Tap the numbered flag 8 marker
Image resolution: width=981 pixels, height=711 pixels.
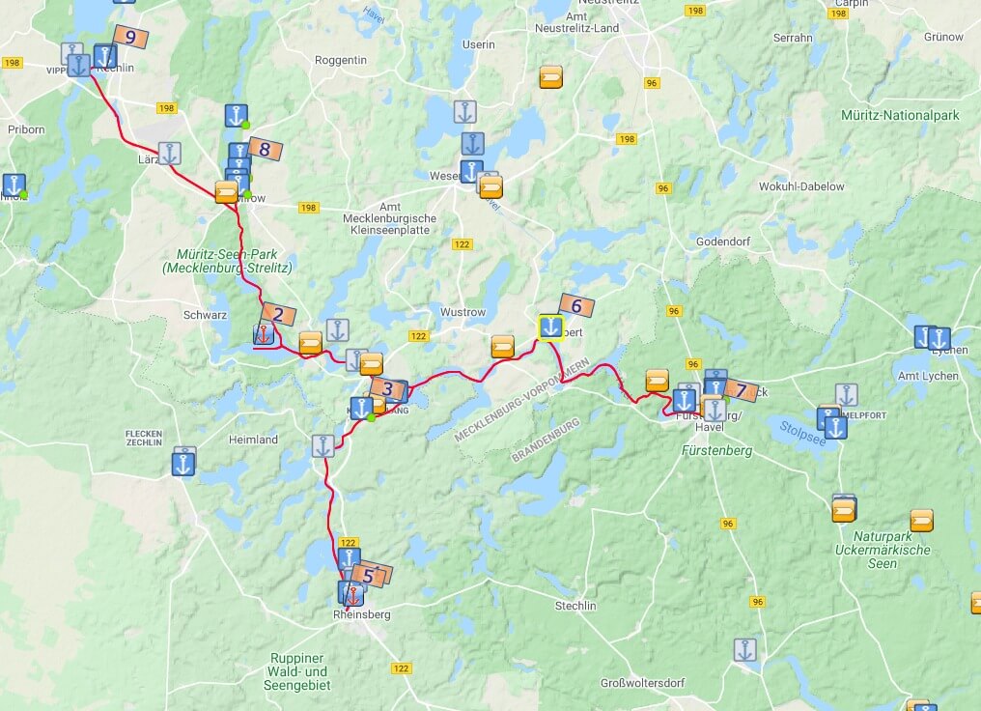click(x=265, y=149)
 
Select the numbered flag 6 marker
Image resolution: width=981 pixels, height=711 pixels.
click(x=576, y=306)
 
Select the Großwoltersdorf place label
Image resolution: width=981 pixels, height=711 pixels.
click(x=642, y=682)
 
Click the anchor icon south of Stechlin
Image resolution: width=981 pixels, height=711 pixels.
click(x=744, y=650)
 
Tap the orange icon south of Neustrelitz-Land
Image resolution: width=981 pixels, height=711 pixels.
click(x=551, y=77)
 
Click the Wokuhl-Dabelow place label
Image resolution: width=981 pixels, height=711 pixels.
click(x=801, y=185)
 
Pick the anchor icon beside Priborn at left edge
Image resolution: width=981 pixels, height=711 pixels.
click(x=14, y=185)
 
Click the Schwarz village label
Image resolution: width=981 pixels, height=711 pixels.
click(x=205, y=315)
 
